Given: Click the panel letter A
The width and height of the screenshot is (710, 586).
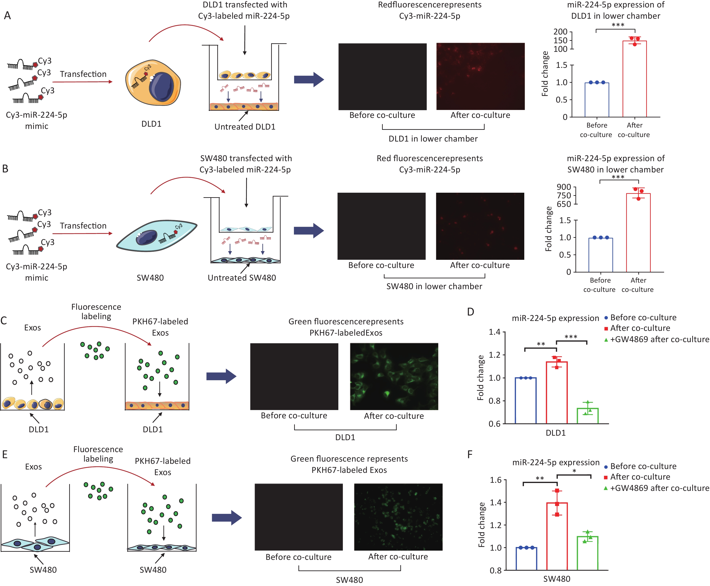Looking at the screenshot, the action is [7, 16].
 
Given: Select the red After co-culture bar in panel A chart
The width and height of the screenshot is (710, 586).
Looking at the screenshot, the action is [634, 79].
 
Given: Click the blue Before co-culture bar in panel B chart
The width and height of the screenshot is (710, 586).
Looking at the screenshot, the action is [601, 255].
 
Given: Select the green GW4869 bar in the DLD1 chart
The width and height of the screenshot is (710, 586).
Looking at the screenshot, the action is [587, 416].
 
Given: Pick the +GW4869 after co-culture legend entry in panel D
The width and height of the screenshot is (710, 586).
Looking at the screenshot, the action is [657, 339].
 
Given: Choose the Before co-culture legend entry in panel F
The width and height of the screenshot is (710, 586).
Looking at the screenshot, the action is [640, 466].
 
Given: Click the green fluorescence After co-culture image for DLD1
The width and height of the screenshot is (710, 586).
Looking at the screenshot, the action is [394, 376].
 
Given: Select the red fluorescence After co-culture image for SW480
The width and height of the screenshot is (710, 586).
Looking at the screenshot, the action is [480, 226].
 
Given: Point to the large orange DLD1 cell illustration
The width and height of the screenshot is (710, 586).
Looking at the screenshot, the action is [153, 81].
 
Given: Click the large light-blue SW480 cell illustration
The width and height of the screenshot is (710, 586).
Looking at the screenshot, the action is [157, 235].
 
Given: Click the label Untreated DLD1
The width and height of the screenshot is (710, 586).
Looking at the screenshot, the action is [245, 127].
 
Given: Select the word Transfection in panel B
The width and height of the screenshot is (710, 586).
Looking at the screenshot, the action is [83, 226].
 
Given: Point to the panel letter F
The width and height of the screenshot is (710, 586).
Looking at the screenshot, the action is [470, 454].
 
